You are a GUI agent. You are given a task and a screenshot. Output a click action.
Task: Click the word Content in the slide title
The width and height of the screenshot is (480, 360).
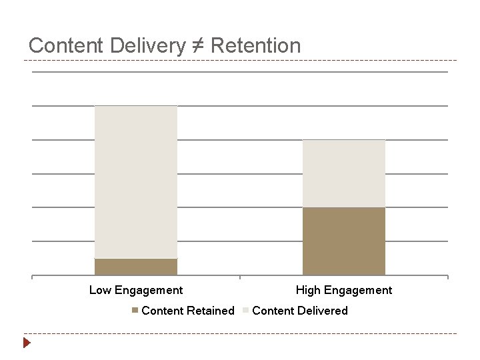65,46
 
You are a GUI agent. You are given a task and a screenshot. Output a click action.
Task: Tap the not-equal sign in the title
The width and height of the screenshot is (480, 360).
199,46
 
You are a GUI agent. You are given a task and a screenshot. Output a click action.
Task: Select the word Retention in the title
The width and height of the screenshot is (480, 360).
256,46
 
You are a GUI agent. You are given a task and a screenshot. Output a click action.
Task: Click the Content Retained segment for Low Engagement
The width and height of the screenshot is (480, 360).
136,267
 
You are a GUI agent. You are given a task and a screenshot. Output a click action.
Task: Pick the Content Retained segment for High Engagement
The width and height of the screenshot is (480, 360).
344,241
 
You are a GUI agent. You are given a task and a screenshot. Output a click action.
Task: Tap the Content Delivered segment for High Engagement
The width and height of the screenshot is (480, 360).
344,173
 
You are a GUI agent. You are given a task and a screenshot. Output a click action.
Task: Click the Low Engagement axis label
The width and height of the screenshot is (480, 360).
136,290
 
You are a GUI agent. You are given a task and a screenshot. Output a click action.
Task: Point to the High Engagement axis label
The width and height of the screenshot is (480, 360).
344,290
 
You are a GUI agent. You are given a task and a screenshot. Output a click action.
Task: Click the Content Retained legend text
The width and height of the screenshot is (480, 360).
188,311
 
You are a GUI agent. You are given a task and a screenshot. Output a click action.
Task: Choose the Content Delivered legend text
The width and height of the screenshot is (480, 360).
300,311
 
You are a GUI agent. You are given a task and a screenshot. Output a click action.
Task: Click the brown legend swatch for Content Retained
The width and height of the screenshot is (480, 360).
136,311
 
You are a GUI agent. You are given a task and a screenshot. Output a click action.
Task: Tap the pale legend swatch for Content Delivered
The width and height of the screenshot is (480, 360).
246,311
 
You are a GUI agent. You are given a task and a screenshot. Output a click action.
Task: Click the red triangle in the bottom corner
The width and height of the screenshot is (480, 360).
27,343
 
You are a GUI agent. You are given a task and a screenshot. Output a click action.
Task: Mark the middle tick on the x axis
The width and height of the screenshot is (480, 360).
240,277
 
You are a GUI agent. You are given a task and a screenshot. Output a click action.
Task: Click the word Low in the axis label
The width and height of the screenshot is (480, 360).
100,290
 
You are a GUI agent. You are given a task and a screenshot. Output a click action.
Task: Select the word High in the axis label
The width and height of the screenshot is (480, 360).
309,290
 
